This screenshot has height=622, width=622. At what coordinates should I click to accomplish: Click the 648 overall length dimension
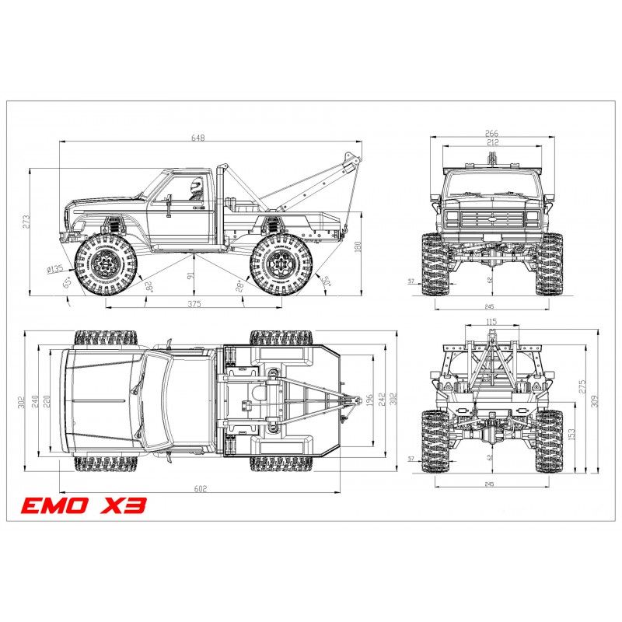click(198, 138)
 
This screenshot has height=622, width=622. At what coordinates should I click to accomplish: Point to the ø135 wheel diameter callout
click(54, 269)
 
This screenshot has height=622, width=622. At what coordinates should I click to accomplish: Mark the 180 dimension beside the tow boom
click(358, 246)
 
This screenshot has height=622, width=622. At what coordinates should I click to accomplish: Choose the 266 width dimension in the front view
click(491, 134)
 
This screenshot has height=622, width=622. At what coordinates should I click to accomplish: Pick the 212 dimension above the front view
click(491, 142)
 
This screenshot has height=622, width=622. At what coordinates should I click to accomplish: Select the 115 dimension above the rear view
click(491, 321)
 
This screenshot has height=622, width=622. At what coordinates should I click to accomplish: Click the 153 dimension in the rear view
click(572, 432)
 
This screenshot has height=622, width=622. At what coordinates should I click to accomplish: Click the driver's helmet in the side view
click(196, 185)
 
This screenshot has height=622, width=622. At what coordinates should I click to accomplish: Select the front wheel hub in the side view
click(107, 266)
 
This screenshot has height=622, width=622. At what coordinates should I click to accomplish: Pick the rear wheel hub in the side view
click(281, 266)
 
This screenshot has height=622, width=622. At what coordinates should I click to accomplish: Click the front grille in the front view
click(491, 219)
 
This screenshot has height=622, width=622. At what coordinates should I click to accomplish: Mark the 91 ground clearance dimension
click(190, 274)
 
